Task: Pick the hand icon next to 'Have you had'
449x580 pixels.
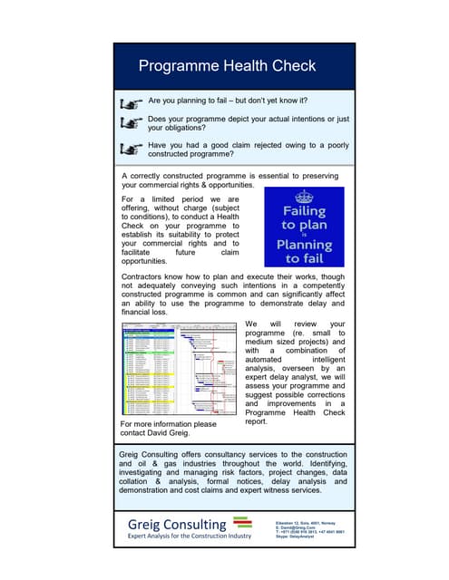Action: (132, 148)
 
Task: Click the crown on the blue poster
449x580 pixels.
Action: (305, 197)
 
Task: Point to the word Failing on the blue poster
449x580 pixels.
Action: (305, 211)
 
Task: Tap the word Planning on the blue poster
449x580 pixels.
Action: (305, 245)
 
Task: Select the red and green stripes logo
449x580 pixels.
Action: (242, 522)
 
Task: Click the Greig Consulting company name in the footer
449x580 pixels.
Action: (176, 525)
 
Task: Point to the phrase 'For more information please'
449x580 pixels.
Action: (169, 423)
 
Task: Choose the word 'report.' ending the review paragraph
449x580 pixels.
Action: (260, 421)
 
